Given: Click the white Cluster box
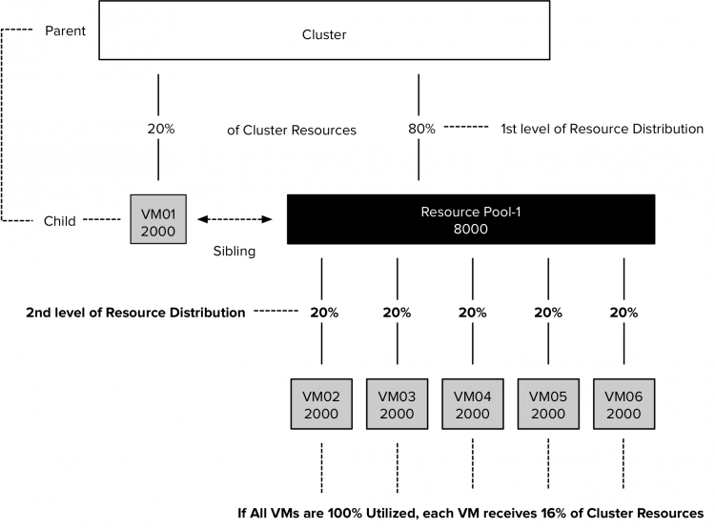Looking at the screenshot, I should [324, 35].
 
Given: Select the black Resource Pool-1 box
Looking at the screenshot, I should [472, 219].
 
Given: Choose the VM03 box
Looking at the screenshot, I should [397, 404].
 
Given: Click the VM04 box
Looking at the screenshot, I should [472, 404].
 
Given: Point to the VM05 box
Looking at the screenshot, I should [547, 404].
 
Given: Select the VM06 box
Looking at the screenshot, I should [623, 404].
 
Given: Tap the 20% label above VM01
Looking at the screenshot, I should [159, 129].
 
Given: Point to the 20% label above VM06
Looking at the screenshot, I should [623, 313].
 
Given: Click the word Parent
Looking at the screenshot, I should [66, 30].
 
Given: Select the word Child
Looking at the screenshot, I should [60, 221].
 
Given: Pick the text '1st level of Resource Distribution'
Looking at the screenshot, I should [602, 129].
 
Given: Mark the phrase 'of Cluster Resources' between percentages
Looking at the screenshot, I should [292, 131].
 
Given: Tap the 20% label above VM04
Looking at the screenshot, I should [472, 313].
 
